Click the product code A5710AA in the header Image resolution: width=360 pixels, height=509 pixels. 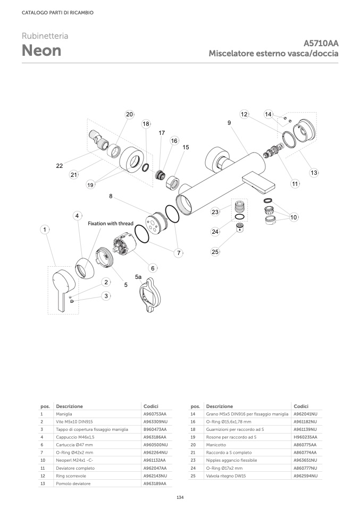point(321,44)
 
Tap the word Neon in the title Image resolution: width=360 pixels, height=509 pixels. point(41,51)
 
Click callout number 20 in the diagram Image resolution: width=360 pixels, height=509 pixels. point(129,114)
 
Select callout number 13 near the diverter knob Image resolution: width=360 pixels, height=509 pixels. point(314,172)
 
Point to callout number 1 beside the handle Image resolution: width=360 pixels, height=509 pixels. point(45,230)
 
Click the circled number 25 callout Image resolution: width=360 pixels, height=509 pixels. point(215,252)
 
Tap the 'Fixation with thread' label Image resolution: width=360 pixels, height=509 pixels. point(118,224)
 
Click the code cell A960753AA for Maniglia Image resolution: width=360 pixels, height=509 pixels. point(155,413)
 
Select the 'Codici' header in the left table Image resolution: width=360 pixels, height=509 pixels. point(151,406)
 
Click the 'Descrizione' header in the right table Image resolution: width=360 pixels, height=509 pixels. point(219,406)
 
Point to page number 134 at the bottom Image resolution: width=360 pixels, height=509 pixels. point(180,497)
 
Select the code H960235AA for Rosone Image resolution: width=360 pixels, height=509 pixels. point(305,437)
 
